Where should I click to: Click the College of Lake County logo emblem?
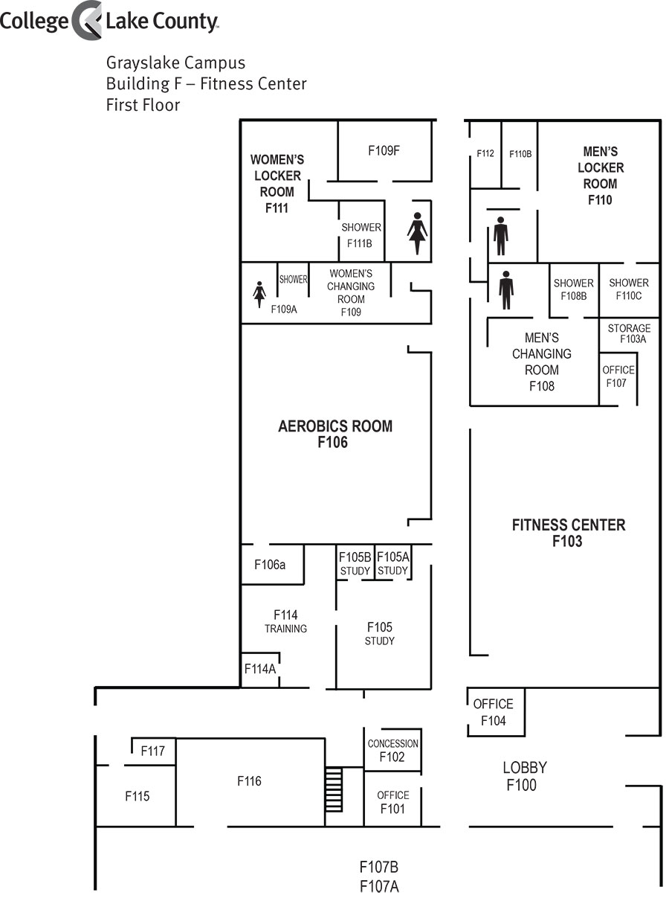(87, 20)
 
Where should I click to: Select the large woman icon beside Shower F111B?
(417, 233)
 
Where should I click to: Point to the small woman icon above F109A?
(259, 294)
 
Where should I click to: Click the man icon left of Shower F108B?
(506, 289)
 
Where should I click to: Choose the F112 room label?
(485, 154)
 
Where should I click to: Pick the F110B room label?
(520, 154)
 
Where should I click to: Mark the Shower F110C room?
(628, 289)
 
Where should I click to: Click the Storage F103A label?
(629, 333)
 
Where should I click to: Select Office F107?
(617, 376)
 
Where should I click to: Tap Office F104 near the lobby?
(493, 712)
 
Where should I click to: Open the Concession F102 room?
(392, 751)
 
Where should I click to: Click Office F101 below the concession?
(392, 802)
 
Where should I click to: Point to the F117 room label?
(153, 751)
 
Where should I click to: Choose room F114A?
(260, 669)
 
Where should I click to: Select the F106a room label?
(270, 565)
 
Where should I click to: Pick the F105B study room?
(355, 563)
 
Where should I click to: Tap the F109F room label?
(384, 150)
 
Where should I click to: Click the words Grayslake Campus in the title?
(175, 62)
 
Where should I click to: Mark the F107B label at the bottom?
(379, 867)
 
